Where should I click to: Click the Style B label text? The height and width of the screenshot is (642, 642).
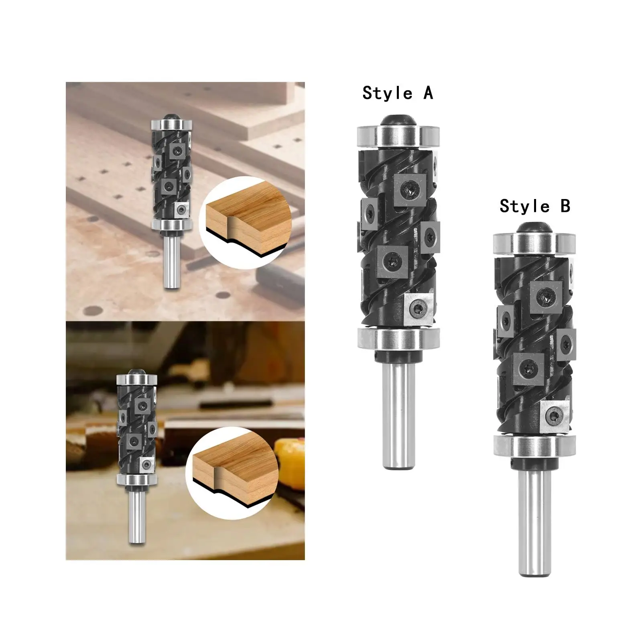[x=534, y=206]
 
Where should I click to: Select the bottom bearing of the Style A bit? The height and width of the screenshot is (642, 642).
[x=398, y=338]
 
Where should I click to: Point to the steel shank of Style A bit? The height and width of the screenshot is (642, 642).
[x=398, y=409]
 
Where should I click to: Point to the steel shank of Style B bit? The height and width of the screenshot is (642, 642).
[x=534, y=522]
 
